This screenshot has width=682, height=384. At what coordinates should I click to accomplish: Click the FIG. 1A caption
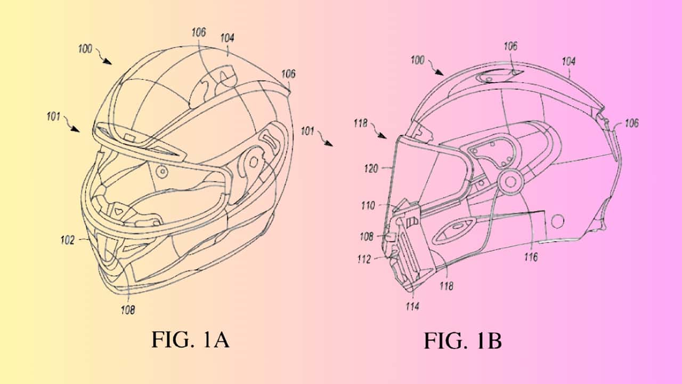click(x=190, y=340)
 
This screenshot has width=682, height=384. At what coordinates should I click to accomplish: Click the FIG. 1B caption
click(x=463, y=341)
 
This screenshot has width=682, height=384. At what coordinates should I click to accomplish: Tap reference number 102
click(x=68, y=240)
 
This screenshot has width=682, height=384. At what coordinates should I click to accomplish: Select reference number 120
click(x=371, y=168)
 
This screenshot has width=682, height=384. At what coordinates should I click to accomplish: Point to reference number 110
click(x=368, y=206)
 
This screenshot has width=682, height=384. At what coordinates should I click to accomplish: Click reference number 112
click(x=364, y=259)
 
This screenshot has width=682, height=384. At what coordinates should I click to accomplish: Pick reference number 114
click(x=412, y=306)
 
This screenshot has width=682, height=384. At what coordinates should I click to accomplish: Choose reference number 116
click(x=531, y=257)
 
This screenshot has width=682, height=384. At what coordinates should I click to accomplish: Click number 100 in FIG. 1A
click(x=85, y=49)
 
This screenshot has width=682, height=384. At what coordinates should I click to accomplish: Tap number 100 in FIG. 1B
click(x=417, y=60)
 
